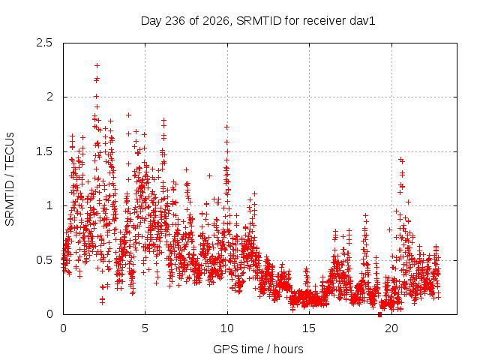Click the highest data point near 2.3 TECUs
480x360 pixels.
[x=97, y=65]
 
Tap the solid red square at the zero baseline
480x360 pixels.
[x=380, y=314]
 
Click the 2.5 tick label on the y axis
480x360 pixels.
[x=44, y=43]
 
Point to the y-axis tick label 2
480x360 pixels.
[x=49, y=97]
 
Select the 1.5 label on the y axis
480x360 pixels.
[x=44, y=151]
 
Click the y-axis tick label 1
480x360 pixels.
[x=49, y=205]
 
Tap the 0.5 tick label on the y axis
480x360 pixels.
[x=44, y=260]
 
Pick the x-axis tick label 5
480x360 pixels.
[x=145, y=328]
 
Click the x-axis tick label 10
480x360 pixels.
[x=227, y=328]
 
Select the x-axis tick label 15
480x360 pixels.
[x=309, y=328]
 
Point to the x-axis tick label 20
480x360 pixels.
[x=391, y=328]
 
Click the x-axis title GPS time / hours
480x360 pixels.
[x=258, y=349]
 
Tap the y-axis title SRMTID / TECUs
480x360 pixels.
[x=10, y=179]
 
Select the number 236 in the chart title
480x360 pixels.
[x=175, y=21]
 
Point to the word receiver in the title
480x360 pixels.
[x=325, y=21]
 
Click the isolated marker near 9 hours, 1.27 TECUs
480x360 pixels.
[x=209, y=175]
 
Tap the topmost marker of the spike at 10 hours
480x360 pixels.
[x=226, y=127]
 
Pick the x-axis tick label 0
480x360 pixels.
[x=63, y=328]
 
